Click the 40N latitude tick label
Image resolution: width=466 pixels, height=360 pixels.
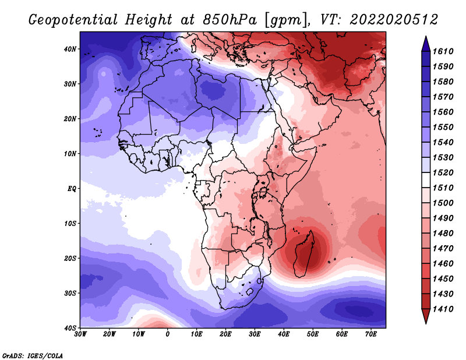[x=70, y=49]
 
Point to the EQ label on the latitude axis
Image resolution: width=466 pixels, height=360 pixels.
[x=72, y=189]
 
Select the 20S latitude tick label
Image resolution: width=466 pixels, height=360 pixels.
[x=70, y=258]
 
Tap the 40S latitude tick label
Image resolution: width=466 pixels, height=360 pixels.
[x=70, y=328]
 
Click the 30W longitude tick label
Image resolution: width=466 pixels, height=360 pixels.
[x=80, y=334]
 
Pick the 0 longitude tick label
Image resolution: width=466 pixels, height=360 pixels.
[x=168, y=334]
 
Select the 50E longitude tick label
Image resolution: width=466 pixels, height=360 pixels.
[x=313, y=334]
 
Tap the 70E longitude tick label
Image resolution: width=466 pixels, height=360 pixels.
[x=371, y=334]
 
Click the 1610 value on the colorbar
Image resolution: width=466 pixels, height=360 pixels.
[x=443, y=51]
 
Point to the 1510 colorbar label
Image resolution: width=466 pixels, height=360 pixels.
[x=443, y=188]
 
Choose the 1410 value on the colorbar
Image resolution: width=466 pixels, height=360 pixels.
[x=443, y=309]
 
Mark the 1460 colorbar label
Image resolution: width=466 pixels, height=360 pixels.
[x=443, y=264]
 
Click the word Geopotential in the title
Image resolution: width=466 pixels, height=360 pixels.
[x=73, y=20]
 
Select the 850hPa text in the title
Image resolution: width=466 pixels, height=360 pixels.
[x=230, y=20]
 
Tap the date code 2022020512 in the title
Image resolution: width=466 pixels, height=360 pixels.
[x=394, y=20]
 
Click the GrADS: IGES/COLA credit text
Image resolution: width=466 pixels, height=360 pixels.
[x=33, y=356]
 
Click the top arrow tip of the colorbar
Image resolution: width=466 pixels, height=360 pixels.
[x=426, y=37]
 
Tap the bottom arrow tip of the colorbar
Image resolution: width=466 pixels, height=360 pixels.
[x=426, y=323]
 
